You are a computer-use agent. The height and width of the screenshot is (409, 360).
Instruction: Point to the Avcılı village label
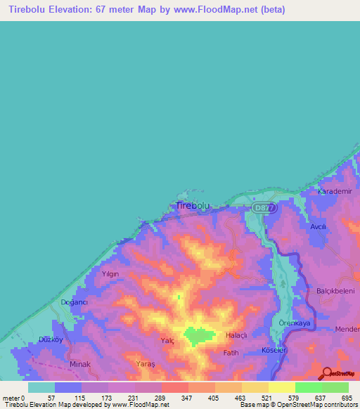(x=319, y=228)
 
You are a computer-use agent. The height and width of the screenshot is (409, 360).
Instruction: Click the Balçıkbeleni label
(x=333, y=290)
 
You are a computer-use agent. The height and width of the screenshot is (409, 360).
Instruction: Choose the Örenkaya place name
(x=295, y=323)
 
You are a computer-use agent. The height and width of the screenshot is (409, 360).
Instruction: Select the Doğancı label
(x=74, y=302)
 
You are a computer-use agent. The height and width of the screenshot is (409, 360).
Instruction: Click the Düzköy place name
(x=51, y=339)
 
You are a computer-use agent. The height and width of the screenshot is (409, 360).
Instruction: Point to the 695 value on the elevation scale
(x=347, y=398)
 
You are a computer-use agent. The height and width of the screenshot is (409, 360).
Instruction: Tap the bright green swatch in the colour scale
(x=309, y=387)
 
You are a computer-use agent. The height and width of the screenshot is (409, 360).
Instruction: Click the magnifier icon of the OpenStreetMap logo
(x=326, y=373)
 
